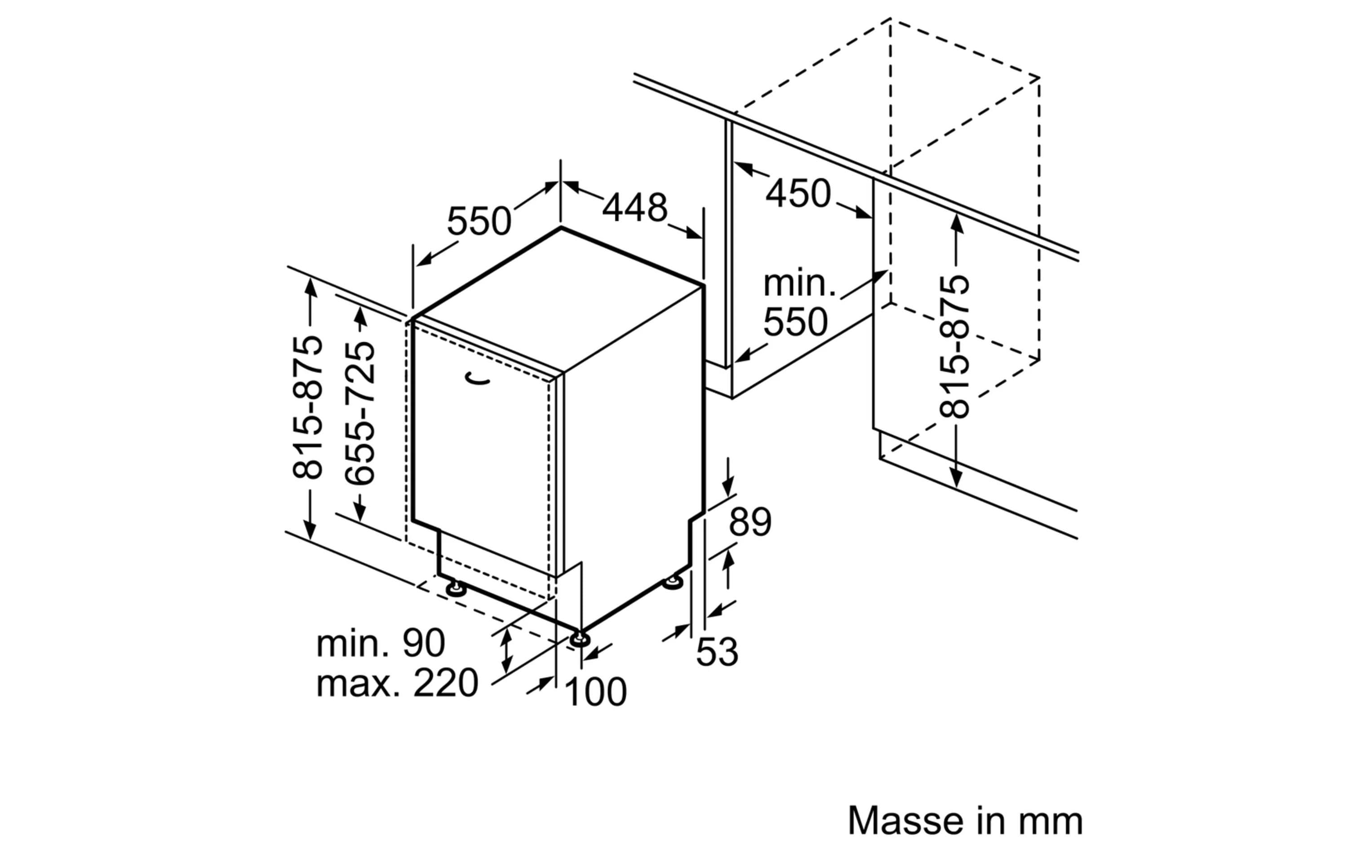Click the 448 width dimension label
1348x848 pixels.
(634, 208)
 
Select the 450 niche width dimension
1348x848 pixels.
(798, 194)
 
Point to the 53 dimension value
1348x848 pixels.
(717, 652)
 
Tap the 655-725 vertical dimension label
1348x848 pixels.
(359, 414)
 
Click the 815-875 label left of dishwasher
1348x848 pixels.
(307, 407)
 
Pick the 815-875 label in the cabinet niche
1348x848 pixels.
(954, 346)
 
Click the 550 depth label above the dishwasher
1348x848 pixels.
(479, 221)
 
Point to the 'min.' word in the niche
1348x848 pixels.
(799, 284)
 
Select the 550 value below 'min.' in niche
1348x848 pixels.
(795, 322)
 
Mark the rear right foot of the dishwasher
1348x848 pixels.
(673, 582)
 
